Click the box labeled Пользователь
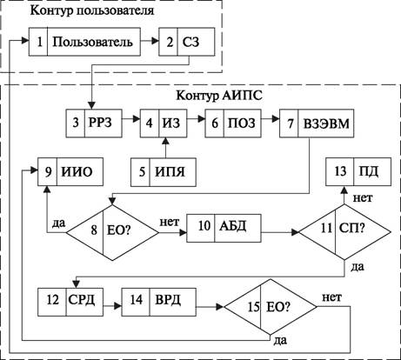point(84,42)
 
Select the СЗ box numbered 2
point(187,42)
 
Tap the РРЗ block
point(94,123)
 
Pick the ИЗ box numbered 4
point(164,123)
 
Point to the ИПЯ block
point(164,172)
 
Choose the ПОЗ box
point(233,123)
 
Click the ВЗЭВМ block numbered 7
point(317,123)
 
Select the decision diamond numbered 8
point(112,232)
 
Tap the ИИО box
point(70,171)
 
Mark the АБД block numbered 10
point(224,228)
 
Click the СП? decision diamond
point(344,232)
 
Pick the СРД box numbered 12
point(70,302)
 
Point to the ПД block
point(358,171)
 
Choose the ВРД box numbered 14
point(159,302)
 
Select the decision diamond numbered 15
point(271,307)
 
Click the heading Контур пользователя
point(92,10)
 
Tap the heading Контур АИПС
point(219,96)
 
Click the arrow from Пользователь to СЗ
point(150,42)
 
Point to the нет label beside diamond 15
point(332,297)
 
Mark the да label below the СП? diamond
point(358,267)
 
